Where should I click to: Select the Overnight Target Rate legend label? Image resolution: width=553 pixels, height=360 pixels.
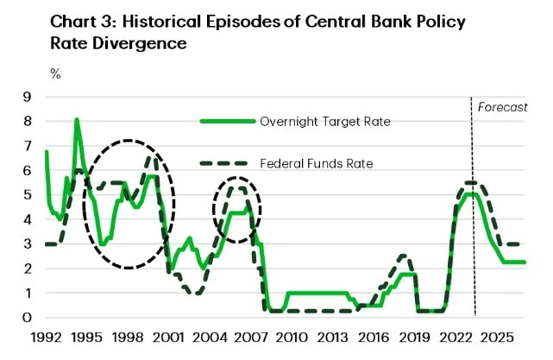(325, 122)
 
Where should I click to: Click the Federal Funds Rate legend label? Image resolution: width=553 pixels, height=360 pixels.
(317, 162)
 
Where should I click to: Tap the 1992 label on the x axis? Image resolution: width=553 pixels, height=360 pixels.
(45, 337)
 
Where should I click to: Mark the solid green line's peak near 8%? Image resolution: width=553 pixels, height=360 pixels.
(77, 120)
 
